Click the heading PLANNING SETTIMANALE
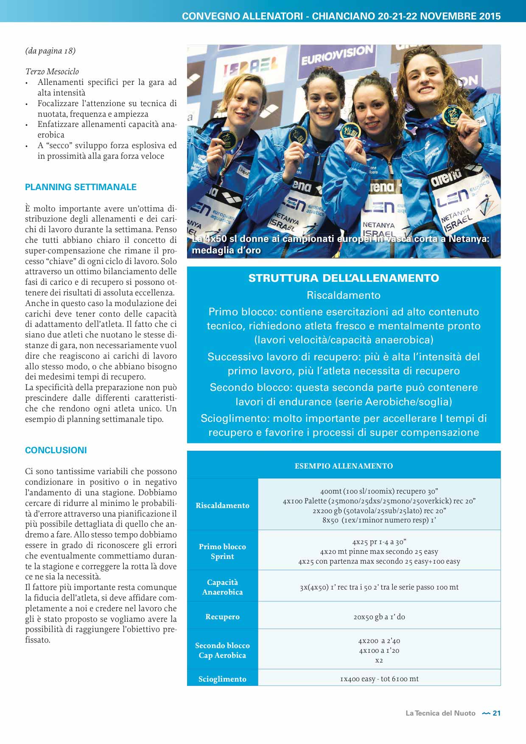[81, 187]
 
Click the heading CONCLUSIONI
[56, 450]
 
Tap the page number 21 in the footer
[496, 713]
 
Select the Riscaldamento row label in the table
[222, 505]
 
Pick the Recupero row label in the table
[222, 617]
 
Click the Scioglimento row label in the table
[222, 679]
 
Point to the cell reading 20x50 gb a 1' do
[379, 617]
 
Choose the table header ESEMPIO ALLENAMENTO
[344, 466]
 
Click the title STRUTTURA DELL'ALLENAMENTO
[344, 278]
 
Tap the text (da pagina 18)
[50, 51]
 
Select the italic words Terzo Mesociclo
[52, 72]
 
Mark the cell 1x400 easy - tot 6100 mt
[379, 679]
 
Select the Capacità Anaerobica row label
[222, 587]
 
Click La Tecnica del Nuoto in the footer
[440, 713]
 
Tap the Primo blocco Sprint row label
[222, 551]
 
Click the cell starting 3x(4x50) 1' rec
[379, 587]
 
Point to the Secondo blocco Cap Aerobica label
[222, 650]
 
